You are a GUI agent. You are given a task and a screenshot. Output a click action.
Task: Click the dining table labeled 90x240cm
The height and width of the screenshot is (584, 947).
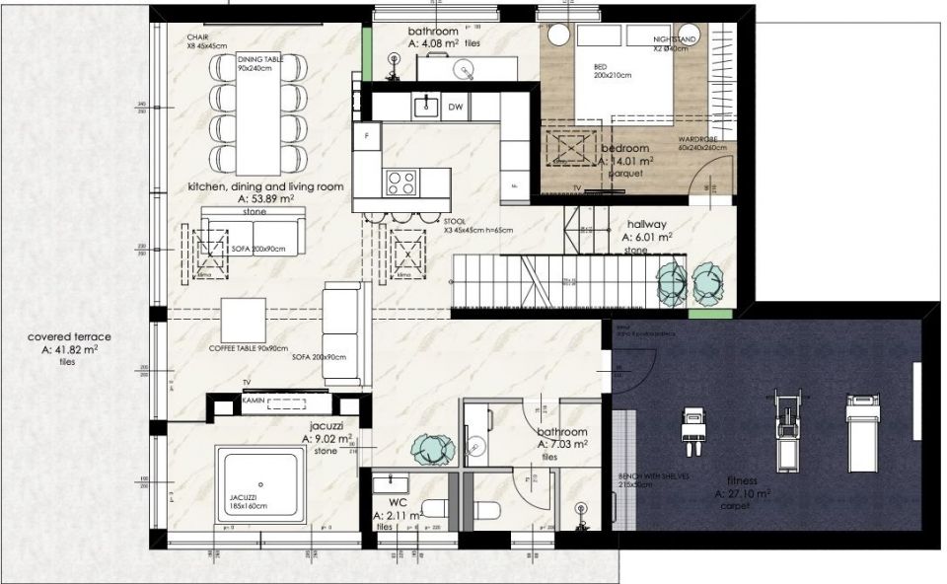[260, 113]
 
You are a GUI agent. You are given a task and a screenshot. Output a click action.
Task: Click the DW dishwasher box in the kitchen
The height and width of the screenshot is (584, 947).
[455, 107]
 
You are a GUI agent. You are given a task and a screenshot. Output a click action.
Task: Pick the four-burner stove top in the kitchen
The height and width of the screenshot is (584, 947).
[401, 182]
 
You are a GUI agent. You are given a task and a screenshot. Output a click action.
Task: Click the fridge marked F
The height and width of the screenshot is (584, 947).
[367, 136]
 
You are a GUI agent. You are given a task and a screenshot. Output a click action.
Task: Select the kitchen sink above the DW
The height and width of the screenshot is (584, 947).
[426, 106]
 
